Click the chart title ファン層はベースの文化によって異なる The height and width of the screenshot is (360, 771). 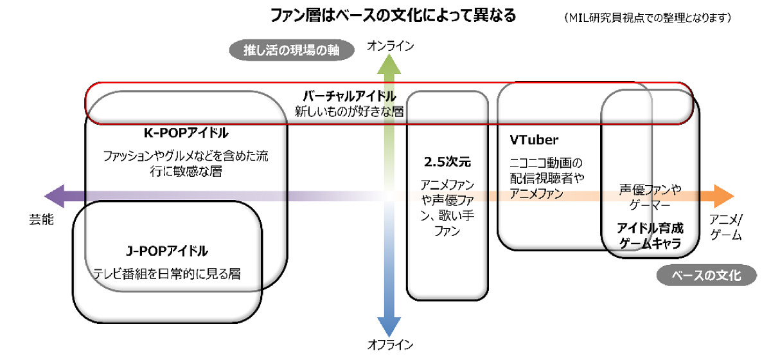pos(393,16)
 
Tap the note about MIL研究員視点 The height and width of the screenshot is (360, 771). pos(648,17)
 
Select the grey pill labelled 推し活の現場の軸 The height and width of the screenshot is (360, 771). pos(292,50)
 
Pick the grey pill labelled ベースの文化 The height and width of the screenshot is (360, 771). pos(706,275)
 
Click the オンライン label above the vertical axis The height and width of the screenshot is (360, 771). pos(391,46)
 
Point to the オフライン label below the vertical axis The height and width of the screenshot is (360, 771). pos(391,345)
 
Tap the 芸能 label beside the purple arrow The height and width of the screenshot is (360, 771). pos(41,219)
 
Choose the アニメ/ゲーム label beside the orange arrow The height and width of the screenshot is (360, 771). pos(726,227)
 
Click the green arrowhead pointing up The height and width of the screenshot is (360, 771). pos(389,64)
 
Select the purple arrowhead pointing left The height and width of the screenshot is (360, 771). pos(55,196)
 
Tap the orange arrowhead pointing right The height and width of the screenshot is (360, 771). pos(724,196)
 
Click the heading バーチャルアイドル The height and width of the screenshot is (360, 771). pos(350,96)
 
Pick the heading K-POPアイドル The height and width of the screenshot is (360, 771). pos(186,133)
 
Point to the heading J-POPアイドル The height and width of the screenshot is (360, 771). pos(167,251)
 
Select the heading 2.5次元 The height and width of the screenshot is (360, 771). pos(447,162)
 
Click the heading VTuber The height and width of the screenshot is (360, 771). pos(534,140)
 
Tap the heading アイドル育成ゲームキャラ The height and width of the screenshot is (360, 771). pos(650,236)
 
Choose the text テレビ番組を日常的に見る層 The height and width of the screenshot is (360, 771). pos(167,274)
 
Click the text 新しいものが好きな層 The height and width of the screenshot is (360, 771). pos(350,112)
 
